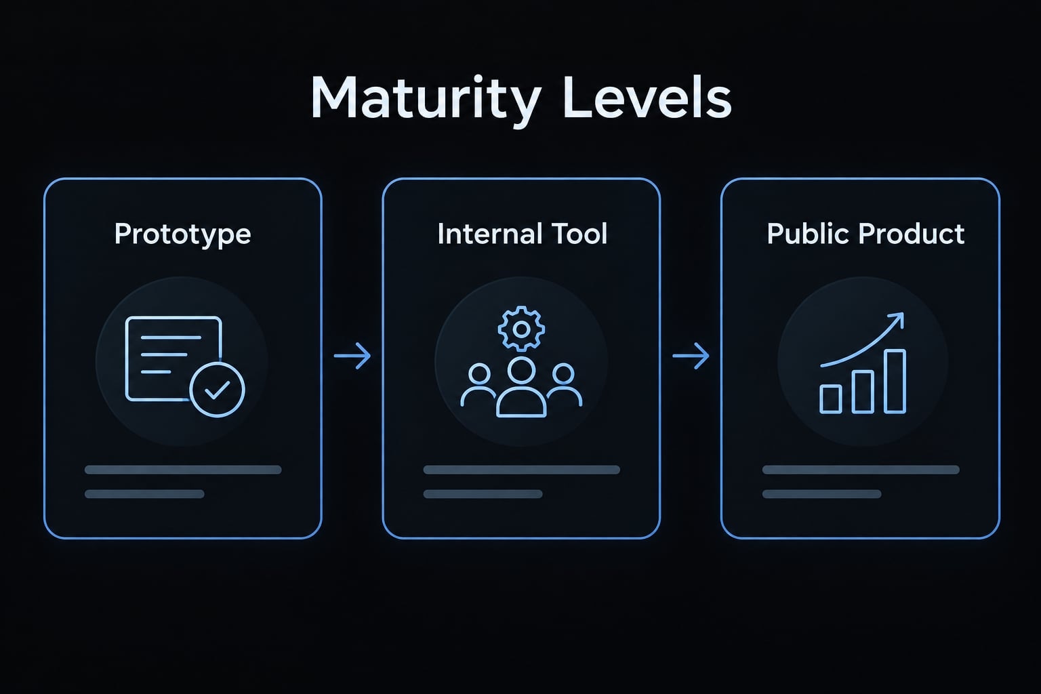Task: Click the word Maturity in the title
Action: [x=426, y=100]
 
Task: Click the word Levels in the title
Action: [x=647, y=97]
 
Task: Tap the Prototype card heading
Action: [x=182, y=234]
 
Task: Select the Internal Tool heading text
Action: [x=522, y=233]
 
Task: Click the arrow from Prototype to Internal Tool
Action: [x=352, y=356]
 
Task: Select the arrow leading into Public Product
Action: [x=691, y=356]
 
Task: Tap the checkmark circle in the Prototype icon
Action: [x=217, y=390]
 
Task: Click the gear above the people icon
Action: [x=521, y=329]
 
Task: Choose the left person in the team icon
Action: [x=478, y=386]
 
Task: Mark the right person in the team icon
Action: [x=564, y=386]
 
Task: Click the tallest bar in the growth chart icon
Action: [x=895, y=381]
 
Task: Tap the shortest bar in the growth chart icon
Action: [x=830, y=399]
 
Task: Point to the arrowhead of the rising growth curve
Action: [x=897, y=319]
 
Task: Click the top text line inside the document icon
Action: [x=171, y=338]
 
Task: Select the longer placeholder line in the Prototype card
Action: [x=183, y=470]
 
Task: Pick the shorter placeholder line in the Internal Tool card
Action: [x=483, y=493]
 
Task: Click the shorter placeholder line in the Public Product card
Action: [x=821, y=493]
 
